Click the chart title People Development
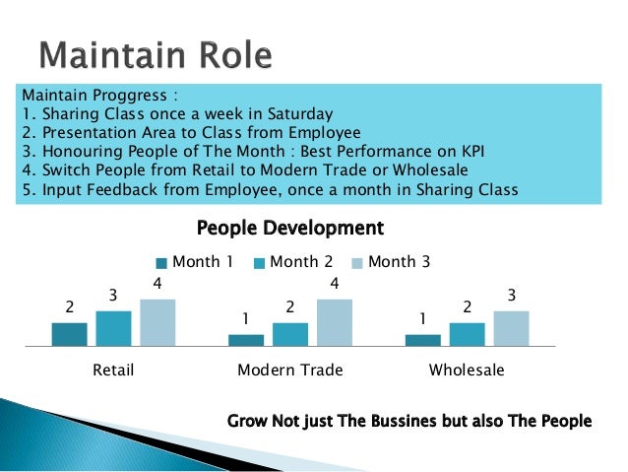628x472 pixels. click(289, 229)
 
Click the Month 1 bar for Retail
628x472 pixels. click(69, 334)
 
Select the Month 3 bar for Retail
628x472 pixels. click(157, 322)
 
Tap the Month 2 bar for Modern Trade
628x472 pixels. click(290, 334)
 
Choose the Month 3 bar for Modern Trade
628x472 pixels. click(335, 322)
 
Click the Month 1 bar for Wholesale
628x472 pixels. click(423, 340)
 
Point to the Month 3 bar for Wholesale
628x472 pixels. click(511, 328)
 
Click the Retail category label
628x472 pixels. click(113, 371)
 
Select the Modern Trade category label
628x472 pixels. click(290, 371)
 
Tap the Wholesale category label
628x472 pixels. click(467, 371)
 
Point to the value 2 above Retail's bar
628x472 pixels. click(69, 307)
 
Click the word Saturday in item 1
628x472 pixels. click(301, 113)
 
